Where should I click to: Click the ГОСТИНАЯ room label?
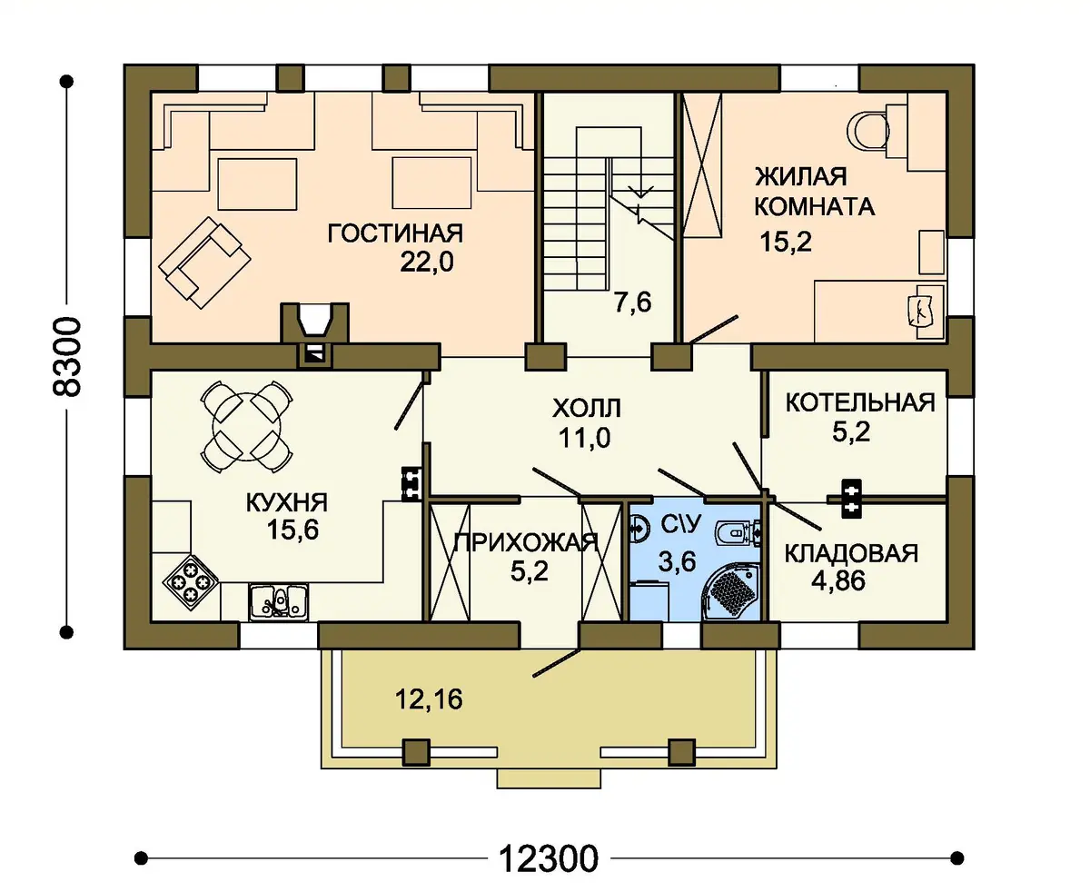pos(395,233)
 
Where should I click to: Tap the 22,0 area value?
pos(427,263)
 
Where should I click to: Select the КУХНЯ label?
pos(286,502)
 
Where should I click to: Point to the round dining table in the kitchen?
pos(246,426)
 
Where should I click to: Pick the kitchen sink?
pos(279,602)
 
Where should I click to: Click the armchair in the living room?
pos(204,263)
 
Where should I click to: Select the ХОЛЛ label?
pos(587,408)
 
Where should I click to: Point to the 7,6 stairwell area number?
pos(632,302)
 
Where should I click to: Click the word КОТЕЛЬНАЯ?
pos(860,402)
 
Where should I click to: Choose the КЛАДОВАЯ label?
pos(851,553)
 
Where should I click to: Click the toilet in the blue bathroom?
pos(737,533)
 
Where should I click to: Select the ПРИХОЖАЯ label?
pos(526,544)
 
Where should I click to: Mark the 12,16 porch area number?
pos(429,700)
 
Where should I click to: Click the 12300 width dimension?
pos(549,859)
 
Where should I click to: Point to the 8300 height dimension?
pos(66,357)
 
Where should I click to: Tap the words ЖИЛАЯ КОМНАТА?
pos(815,192)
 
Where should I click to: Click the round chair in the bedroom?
pos(868,129)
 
